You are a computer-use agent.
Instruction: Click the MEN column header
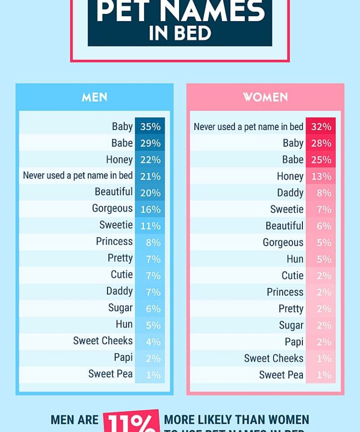(x=94, y=97)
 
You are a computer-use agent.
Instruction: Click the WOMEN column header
(x=265, y=97)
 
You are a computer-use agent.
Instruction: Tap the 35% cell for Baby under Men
(x=150, y=127)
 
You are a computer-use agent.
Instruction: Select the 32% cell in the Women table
(x=321, y=127)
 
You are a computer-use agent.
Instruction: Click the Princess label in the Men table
(x=114, y=241)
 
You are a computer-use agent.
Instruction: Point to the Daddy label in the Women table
(x=290, y=193)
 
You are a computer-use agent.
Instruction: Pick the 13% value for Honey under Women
(x=321, y=177)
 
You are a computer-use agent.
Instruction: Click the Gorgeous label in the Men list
(x=112, y=208)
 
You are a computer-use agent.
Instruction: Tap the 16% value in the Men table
(x=150, y=209)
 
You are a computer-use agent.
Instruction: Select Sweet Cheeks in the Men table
(x=103, y=341)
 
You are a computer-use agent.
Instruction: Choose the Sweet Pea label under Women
(x=281, y=375)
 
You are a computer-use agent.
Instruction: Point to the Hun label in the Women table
(x=295, y=259)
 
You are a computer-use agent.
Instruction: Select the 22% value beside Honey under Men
(x=150, y=160)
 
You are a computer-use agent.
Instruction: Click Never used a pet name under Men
(x=78, y=176)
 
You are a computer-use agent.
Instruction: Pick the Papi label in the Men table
(x=123, y=358)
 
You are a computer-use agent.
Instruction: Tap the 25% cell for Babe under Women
(x=321, y=160)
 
